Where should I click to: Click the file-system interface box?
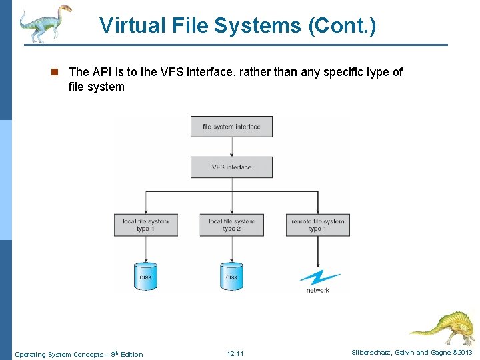[x=231, y=127]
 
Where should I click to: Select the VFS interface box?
[x=231, y=167]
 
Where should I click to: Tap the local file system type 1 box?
[x=145, y=225]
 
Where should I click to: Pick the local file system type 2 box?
[x=231, y=225]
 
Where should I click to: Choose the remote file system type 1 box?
[x=317, y=225]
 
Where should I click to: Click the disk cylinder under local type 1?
[x=145, y=276]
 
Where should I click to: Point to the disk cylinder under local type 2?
[x=231, y=276]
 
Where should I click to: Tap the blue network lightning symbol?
[x=319, y=277]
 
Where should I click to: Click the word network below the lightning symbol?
[x=318, y=291]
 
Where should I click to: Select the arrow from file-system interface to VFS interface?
[x=231, y=147]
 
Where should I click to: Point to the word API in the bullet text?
[x=102, y=72]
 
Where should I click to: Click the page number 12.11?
[x=235, y=354]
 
